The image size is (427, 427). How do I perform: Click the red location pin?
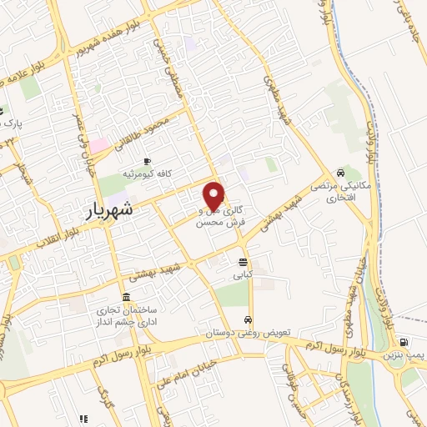pos(214,194)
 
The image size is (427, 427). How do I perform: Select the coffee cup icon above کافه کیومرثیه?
pos(148,161)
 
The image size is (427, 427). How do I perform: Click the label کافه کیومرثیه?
pos(148,173)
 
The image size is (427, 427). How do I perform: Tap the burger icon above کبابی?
pos(243,262)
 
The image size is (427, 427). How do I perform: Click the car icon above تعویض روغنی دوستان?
pos(249,320)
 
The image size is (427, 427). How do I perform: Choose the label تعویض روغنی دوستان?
pos(249,332)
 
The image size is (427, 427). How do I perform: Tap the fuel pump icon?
pos(404,342)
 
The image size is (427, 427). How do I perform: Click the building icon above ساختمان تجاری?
pos(125,298)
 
